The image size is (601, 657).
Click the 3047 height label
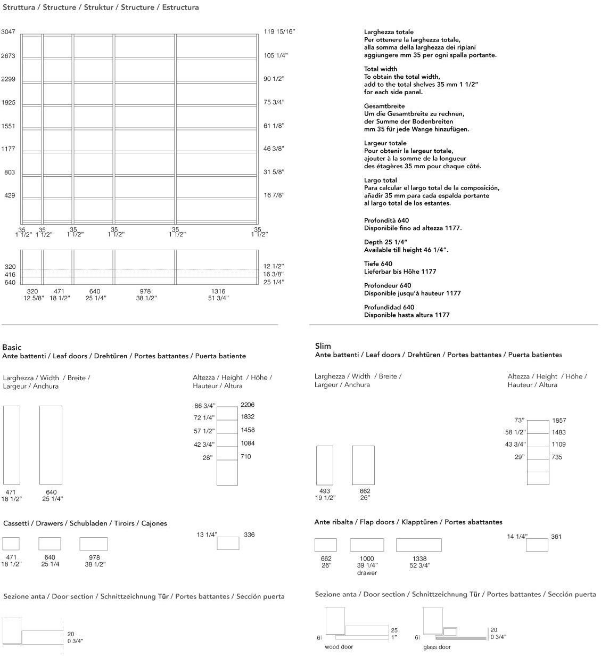pos(8,32)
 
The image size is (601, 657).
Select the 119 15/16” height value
pos(279,32)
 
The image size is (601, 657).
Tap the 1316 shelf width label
pos(218,291)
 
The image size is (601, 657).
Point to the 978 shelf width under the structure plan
pos(145,291)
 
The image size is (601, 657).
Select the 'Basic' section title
pos(12,347)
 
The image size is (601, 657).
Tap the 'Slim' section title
pos(323,346)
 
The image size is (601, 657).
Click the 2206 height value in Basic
pos(248,405)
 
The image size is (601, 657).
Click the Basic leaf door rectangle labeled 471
pos(12,445)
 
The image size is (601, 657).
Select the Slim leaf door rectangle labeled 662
pos(364,465)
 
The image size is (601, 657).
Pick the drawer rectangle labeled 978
pos(94,544)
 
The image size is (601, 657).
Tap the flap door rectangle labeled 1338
pos(418,545)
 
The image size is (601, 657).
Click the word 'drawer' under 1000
pos(367,573)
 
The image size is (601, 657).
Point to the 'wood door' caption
pos(339,647)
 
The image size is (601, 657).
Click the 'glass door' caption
pos(437,647)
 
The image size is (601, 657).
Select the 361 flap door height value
pos(556,537)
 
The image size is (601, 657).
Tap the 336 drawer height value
pos(249,535)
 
